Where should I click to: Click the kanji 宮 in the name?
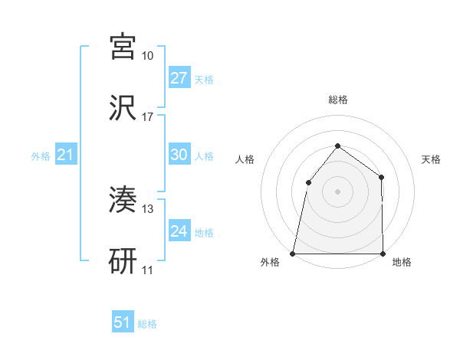click(123, 47)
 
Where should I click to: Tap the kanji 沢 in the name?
click(123, 107)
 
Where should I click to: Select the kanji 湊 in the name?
click(123, 201)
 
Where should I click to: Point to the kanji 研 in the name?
click(123, 261)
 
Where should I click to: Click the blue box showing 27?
click(179, 78)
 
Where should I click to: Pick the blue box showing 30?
click(179, 155)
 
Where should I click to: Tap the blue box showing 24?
click(179, 231)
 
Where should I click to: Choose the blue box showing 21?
click(66, 155)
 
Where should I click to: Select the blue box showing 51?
click(123, 322)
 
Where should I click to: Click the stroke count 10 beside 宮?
click(147, 56)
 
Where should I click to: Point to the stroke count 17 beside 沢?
click(147, 117)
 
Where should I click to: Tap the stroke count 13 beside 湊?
click(147, 209)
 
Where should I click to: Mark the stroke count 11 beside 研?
click(147, 270)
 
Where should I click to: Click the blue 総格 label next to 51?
click(147, 324)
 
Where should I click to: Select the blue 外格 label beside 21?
click(41, 156)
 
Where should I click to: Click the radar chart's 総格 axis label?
click(337, 100)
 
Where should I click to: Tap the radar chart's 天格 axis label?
click(432, 159)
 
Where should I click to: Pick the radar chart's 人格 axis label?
click(245, 159)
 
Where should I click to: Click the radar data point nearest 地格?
click(383, 253)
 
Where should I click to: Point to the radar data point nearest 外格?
click(293, 253)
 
